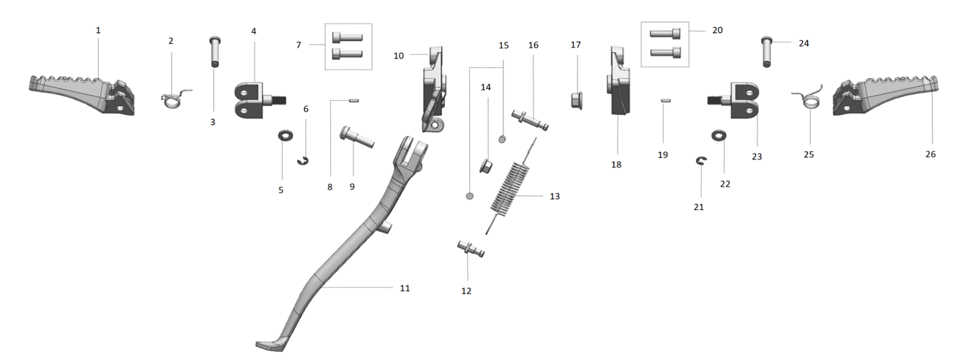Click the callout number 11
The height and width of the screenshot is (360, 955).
point(405,288)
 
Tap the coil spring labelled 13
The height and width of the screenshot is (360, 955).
point(511,186)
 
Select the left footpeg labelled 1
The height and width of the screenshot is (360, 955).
point(82,95)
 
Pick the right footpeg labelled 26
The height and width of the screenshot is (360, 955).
point(885,95)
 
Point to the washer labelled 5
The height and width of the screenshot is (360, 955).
point(285,136)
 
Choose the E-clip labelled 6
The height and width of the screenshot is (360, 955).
point(303,161)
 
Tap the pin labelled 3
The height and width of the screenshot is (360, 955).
point(215,51)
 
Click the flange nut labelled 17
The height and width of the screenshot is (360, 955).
point(577,100)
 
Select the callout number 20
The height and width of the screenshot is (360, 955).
point(717,30)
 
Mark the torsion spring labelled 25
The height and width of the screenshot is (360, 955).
point(807,100)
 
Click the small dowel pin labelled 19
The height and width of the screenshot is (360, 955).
point(666,100)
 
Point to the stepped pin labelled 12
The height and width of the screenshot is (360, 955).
point(471,249)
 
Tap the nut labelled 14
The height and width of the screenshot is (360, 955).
point(486,165)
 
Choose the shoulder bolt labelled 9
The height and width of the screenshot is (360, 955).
point(357,137)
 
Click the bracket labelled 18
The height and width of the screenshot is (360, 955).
point(618,81)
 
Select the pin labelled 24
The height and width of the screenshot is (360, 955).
point(766,51)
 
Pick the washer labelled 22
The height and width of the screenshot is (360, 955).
point(719,135)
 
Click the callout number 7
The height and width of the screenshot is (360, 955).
point(299,45)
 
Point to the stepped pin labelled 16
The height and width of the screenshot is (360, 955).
point(530,120)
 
